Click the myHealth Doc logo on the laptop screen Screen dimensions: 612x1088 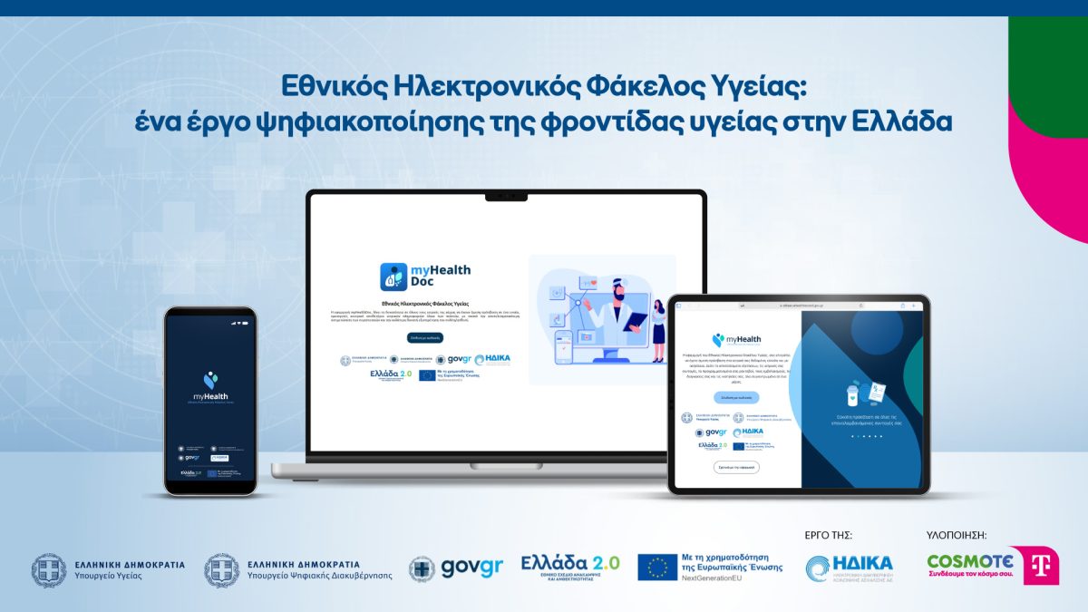425,276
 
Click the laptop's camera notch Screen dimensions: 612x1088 506,196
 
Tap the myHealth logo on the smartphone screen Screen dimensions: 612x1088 210,386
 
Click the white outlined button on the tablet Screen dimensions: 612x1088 735,467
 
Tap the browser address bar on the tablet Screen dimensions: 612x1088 798,306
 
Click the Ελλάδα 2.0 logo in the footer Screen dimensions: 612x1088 570,567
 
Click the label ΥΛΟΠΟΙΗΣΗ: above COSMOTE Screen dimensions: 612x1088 956,535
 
